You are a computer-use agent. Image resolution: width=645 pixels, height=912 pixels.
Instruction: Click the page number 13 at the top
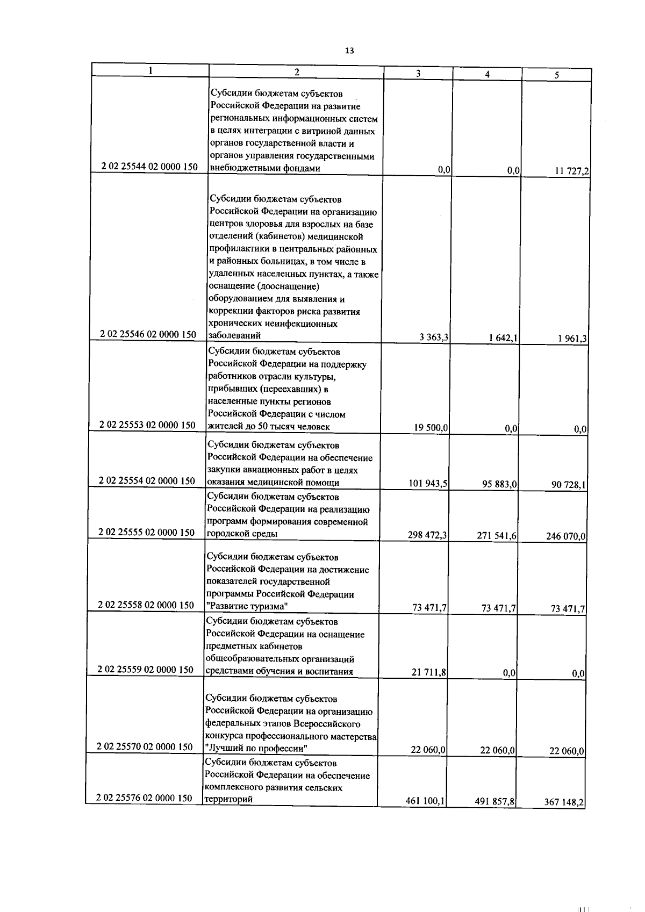(349, 51)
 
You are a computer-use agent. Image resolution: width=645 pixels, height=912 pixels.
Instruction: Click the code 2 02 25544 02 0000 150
(150, 167)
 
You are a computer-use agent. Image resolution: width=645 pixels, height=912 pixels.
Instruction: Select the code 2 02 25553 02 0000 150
(148, 425)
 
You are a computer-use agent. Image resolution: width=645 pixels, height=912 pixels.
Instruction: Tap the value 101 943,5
(428, 484)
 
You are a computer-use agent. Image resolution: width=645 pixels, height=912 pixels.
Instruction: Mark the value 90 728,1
(568, 485)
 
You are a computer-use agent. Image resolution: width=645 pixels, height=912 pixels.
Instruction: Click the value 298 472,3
(428, 535)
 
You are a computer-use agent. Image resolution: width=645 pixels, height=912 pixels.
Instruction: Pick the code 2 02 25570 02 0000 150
(145, 746)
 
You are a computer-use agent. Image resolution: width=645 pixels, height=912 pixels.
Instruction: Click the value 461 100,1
(425, 801)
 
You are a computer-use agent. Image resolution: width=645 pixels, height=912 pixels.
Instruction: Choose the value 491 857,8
(494, 802)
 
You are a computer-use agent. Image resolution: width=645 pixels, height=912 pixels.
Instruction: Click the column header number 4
(487, 75)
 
